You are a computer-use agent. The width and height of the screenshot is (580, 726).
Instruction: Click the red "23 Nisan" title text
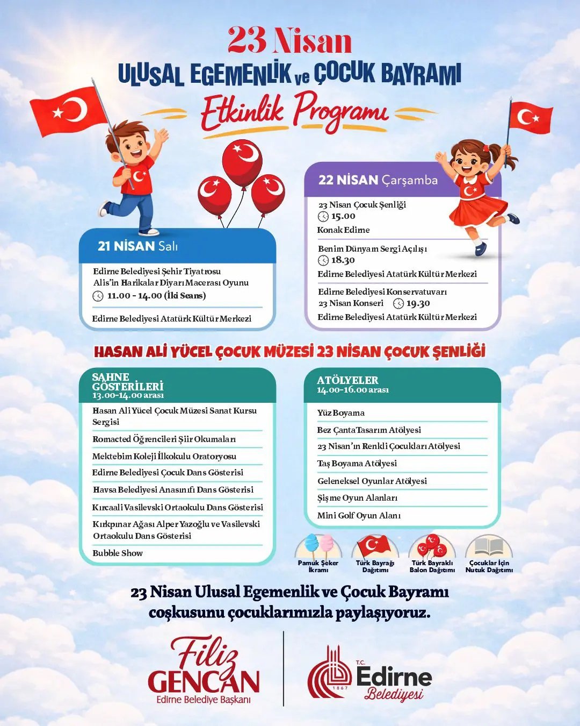[290, 40]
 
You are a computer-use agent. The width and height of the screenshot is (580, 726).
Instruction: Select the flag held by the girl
[531, 118]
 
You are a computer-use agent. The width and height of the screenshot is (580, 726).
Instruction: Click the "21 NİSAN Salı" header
[137, 246]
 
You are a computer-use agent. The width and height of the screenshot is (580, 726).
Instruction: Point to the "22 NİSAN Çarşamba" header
[378, 180]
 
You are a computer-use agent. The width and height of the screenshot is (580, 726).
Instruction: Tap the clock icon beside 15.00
[323, 217]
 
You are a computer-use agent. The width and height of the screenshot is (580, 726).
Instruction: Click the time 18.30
[343, 260]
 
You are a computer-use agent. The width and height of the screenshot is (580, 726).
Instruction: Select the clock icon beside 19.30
[398, 303]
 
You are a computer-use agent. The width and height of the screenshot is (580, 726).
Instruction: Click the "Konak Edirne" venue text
[343, 230]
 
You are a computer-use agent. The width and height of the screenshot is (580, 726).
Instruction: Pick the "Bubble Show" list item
[118, 553]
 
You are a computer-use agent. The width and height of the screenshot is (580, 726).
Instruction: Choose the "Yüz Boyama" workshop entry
[341, 413]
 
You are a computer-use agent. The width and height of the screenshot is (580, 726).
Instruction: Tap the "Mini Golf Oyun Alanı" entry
[359, 515]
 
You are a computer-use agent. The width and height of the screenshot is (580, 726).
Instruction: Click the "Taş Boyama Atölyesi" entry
[357, 464]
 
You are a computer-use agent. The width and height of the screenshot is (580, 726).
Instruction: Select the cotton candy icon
[318, 544]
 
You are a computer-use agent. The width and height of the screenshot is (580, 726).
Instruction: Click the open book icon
[489, 546]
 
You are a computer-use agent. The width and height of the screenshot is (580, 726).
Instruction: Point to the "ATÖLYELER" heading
[347, 380]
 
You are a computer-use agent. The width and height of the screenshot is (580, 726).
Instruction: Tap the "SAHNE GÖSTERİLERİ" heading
[128, 382]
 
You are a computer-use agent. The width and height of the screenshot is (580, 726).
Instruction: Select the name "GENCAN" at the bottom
[204, 681]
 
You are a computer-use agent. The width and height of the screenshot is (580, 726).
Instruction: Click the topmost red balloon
[242, 156]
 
